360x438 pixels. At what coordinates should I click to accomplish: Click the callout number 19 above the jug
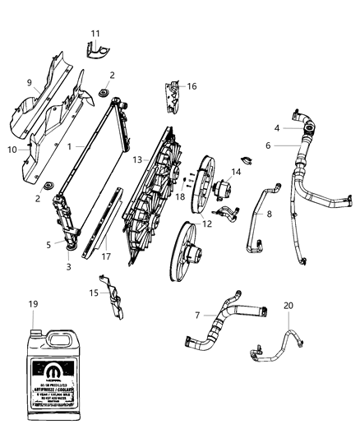pos(33,304)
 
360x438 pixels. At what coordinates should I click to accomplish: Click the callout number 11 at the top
pos(95,33)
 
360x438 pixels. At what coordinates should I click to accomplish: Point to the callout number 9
pos(29,82)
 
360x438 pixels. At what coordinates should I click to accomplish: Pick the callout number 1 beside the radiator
pos(70,146)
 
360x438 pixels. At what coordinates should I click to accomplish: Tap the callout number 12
pos(206,224)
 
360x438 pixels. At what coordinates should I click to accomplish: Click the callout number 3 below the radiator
pos(68,266)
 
